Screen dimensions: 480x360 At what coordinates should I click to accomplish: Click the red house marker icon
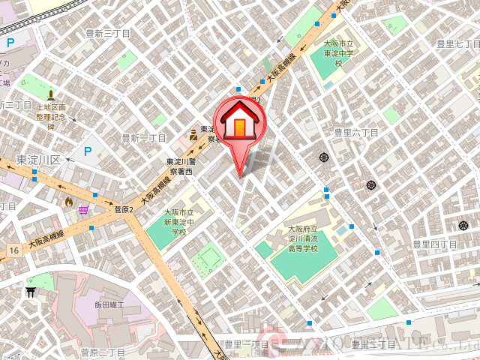pyautogui.click(x=239, y=122)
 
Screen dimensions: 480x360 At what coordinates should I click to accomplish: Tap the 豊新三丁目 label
pyautogui.click(x=108, y=34)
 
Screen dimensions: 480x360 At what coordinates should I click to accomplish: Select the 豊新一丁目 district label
pyautogui.click(x=144, y=138)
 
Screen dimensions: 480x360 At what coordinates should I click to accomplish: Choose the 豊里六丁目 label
pyautogui.click(x=356, y=132)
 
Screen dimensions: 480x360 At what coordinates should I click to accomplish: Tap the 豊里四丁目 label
pyautogui.click(x=435, y=244)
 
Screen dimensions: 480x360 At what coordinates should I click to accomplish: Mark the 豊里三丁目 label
pyautogui.click(x=373, y=344)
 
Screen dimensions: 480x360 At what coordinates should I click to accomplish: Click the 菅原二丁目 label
pyautogui.click(x=103, y=352)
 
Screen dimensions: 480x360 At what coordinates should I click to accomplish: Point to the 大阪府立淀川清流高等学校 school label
pyautogui.click(x=303, y=238)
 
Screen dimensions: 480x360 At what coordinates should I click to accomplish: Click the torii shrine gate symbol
pyautogui.click(x=31, y=292)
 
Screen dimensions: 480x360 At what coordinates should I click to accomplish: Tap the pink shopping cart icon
pyautogui.click(x=83, y=209)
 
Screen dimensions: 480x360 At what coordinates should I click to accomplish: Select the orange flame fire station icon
pyautogui.click(x=69, y=201)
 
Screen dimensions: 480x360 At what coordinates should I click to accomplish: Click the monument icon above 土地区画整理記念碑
pyautogui.click(x=51, y=95)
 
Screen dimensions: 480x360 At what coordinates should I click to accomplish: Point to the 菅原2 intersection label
pyautogui.click(x=123, y=210)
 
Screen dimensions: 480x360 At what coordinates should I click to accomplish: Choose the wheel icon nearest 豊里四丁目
pyautogui.click(x=462, y=225)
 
